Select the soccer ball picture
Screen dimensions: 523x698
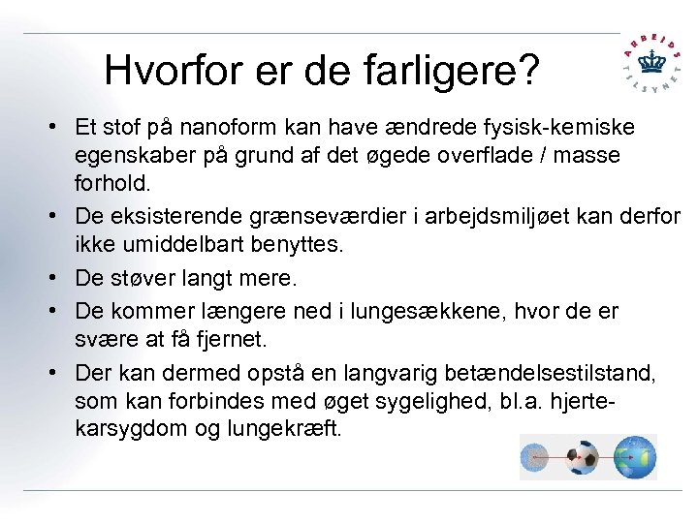pyautogui.click(x=584, y=457)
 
